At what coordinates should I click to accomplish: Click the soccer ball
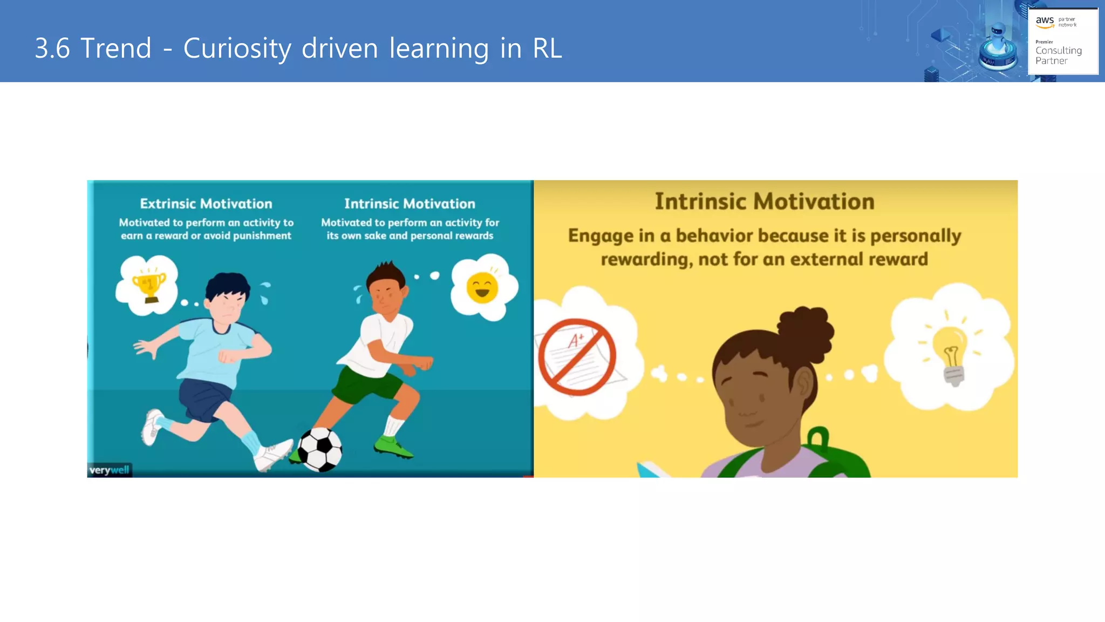click(320, 449)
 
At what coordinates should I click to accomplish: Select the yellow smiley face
click(482, 288)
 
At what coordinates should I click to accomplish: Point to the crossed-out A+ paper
click(577, 357)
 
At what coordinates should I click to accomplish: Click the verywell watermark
click(110, 470)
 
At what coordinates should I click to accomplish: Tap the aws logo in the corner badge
click(1045, 21)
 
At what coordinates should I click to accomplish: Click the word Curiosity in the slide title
click(237, 49)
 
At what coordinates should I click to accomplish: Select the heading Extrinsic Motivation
click(206, 204)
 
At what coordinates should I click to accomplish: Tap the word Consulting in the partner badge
click(1058, 51)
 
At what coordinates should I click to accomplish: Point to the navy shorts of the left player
click(205, 398)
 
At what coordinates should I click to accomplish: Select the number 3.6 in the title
click(52, 49)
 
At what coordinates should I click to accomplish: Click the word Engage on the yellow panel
click(601, 236)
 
